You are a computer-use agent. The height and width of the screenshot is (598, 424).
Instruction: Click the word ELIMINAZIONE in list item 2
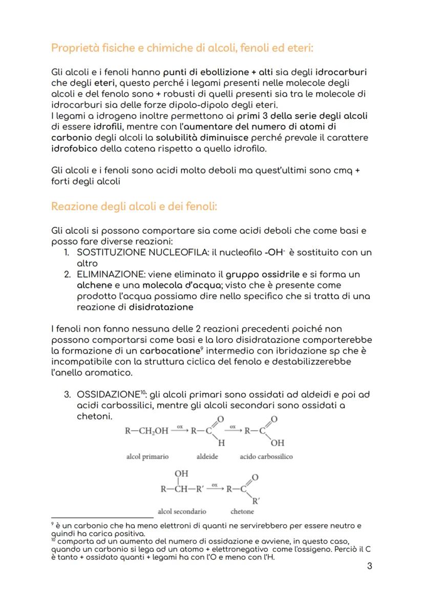[105, 274]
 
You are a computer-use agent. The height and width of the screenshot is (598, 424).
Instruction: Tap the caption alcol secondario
[182, 511]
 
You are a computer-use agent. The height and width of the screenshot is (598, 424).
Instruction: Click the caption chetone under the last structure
[242, 511]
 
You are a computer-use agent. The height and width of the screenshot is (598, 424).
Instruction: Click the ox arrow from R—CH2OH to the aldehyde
[180, 430]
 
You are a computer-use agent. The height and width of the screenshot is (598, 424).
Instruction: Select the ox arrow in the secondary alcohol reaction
[215, 488]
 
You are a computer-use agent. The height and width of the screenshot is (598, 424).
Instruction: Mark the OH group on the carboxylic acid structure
[278, 442]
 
